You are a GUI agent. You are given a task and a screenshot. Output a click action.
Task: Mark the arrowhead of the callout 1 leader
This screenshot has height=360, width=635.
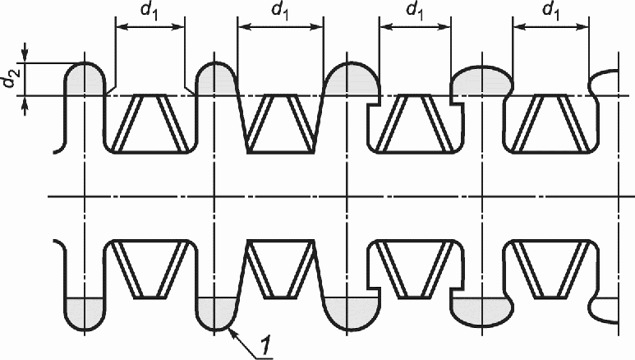(x=233, y=331)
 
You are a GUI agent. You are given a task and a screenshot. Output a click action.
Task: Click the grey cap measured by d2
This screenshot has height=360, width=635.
(x=85, y=79)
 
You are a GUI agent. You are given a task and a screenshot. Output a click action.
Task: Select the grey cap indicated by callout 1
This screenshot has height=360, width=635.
(x=214, y=313)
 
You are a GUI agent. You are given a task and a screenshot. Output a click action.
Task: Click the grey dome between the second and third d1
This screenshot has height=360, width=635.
(x=350, y=80)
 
